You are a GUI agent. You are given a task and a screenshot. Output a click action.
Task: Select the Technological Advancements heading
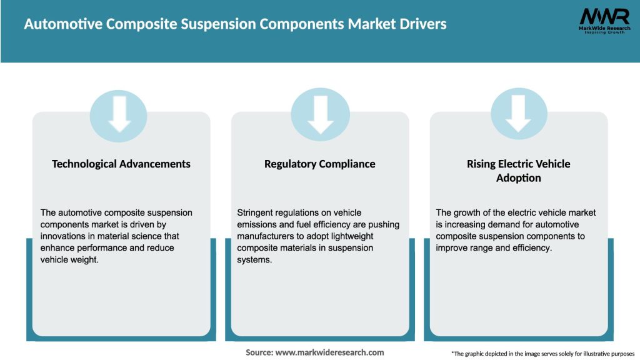[x=121, y=164]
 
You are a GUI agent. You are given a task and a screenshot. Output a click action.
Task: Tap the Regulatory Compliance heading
[x=320, y=164]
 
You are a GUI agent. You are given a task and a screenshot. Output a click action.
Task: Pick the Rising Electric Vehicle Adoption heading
[x=518, y=171]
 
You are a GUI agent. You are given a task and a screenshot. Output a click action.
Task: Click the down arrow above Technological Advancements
[x=119, y=114]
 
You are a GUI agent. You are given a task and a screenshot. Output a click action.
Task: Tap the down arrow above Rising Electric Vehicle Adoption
[x=519, y=114]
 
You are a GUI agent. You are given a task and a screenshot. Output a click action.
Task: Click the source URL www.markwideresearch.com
[x=329, y=352]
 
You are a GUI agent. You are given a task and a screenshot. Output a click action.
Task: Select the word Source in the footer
[x=258, y=352]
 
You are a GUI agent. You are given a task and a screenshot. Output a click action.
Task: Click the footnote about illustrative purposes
[x=542, y=353]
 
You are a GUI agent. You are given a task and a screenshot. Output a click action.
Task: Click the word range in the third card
[x=480, y=248]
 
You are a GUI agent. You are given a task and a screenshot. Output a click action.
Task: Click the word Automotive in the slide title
[x=62, y=24]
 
